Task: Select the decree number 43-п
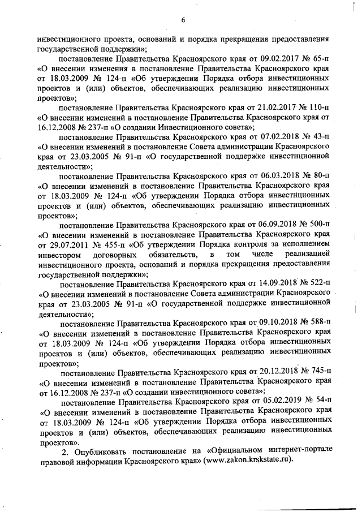[x=320, y=137]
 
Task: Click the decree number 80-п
[x=320, y=177]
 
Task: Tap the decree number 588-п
[x=318, y=324]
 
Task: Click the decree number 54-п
[x=320, y=402]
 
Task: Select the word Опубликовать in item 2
[x=102, y=451]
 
